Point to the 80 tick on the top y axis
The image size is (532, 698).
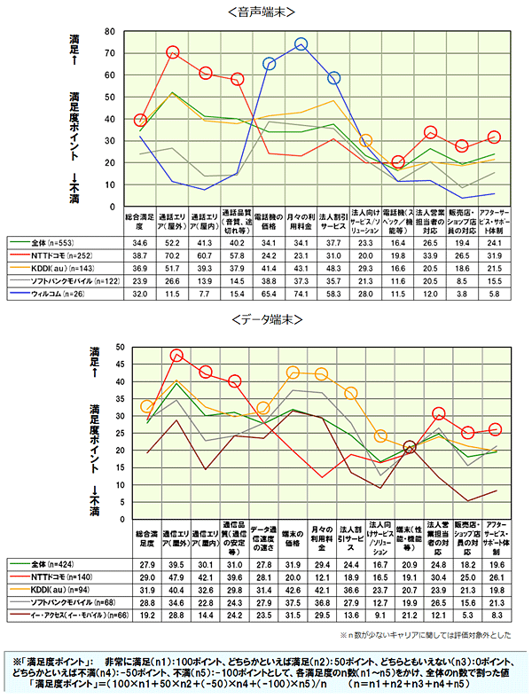pyautogui.click(x=112, y=31)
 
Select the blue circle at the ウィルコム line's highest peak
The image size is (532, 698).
pyautogui.click(x=301, y=43)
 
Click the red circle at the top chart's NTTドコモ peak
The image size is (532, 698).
pyautogui.click(x=173, y=52)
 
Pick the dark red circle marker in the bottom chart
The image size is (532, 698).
pyautogui.click(x=409, y=448)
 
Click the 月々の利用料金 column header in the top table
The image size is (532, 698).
pyautogui.click(x=301, y=220)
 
